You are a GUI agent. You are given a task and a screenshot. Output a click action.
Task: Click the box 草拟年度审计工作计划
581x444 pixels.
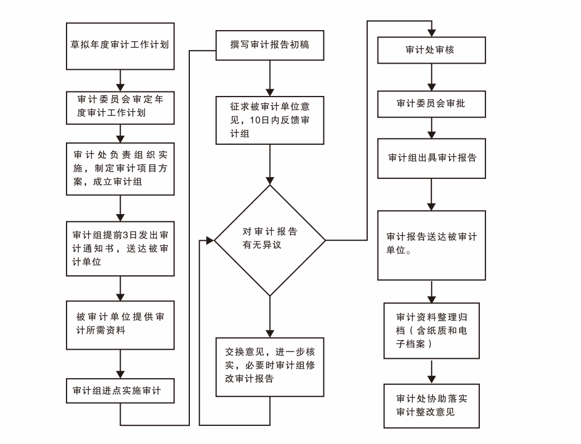(120, 46)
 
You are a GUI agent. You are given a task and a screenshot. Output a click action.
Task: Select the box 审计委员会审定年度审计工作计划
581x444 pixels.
(120, 106)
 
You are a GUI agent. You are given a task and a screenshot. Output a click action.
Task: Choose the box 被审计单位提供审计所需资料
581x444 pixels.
(120, 324)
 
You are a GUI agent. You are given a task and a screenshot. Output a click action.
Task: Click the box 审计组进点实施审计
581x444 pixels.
(120, 391)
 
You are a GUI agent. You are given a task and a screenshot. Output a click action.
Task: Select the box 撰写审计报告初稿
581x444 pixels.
(269, 45)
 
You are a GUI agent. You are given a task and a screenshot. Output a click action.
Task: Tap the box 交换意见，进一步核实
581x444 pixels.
(269, 366)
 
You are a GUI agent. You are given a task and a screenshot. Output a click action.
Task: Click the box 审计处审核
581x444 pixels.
(431, 50)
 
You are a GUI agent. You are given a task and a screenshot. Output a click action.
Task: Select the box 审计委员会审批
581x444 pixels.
(431, 104)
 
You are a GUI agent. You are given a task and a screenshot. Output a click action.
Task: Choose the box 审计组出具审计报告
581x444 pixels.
(431, 158)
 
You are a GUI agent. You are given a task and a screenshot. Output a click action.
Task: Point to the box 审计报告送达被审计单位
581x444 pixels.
(431, 245)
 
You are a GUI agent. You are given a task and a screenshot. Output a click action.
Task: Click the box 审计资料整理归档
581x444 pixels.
(431, 330)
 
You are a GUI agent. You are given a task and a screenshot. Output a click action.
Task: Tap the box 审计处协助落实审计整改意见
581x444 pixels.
(431, 405)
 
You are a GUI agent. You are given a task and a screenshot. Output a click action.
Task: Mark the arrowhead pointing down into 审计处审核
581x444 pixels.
(431, 32)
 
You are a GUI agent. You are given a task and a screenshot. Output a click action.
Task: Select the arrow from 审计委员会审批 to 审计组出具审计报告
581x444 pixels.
(431, 128)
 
